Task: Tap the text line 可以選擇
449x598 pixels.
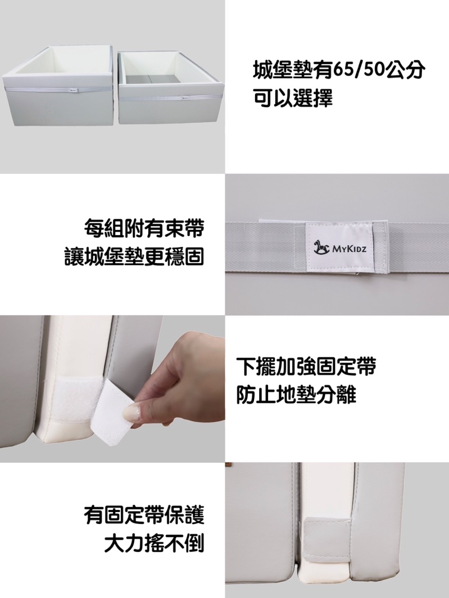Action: (293, 98)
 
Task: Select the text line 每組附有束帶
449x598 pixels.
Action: (144, 228)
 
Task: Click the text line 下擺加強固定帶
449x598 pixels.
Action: (306, 366)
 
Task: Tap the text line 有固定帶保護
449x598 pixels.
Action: (144, 515)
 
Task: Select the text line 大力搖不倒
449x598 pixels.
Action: (155, 543)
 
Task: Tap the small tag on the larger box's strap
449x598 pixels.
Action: (74, 90)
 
